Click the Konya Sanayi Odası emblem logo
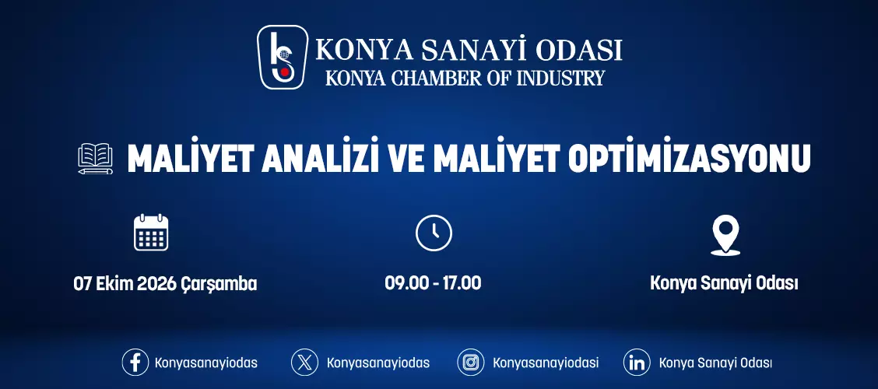[x=283, y=57]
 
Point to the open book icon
[x=95, y=159]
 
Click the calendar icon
[x=151, y=233]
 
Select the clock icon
[x=434, y=233]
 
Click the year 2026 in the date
[x=156, y=284]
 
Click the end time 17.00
[x=462, y=283]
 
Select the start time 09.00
[x=403, y=283]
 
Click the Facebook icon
[x=135, y=362]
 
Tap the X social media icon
[x=304, y=362]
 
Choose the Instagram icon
[x=471, y=362]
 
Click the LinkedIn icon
[x=637, y=362]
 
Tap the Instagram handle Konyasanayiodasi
[x=546, y=363]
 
